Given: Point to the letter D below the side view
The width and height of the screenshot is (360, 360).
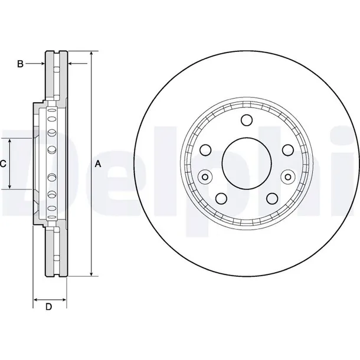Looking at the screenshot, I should click(x=49, y=307).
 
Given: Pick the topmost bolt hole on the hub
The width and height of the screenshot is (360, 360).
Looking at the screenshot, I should click(x=247, y=120).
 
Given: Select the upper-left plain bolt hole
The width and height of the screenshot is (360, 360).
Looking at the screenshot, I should click(x=207, y=149).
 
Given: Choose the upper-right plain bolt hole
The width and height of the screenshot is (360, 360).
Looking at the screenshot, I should click(x=287, y=149).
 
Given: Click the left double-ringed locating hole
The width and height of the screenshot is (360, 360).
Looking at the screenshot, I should click(x=205, y=175).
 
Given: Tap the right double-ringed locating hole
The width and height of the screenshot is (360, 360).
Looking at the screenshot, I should click(x=288, y=175).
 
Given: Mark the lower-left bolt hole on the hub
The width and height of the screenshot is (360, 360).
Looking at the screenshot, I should click(x=222, y=199).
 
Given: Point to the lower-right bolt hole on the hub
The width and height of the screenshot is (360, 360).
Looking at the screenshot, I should click(x=271, y=199).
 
